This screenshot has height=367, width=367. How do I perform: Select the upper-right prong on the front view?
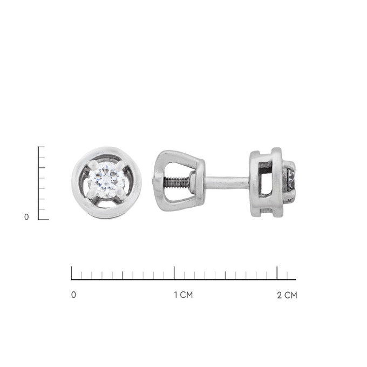tap(120, 166)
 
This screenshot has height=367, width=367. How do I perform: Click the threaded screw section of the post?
tap(176, 182)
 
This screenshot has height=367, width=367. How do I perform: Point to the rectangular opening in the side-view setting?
tap(265, 181)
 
